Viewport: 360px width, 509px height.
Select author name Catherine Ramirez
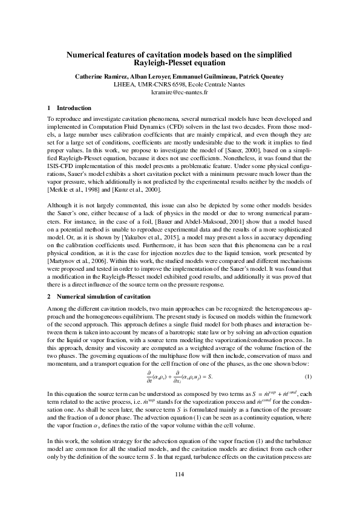pos(99,77)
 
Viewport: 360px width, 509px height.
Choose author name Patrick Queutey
pos(264,77)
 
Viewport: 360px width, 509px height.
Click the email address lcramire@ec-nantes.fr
pos(180,93)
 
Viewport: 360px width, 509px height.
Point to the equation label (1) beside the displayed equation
pos(309,377)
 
